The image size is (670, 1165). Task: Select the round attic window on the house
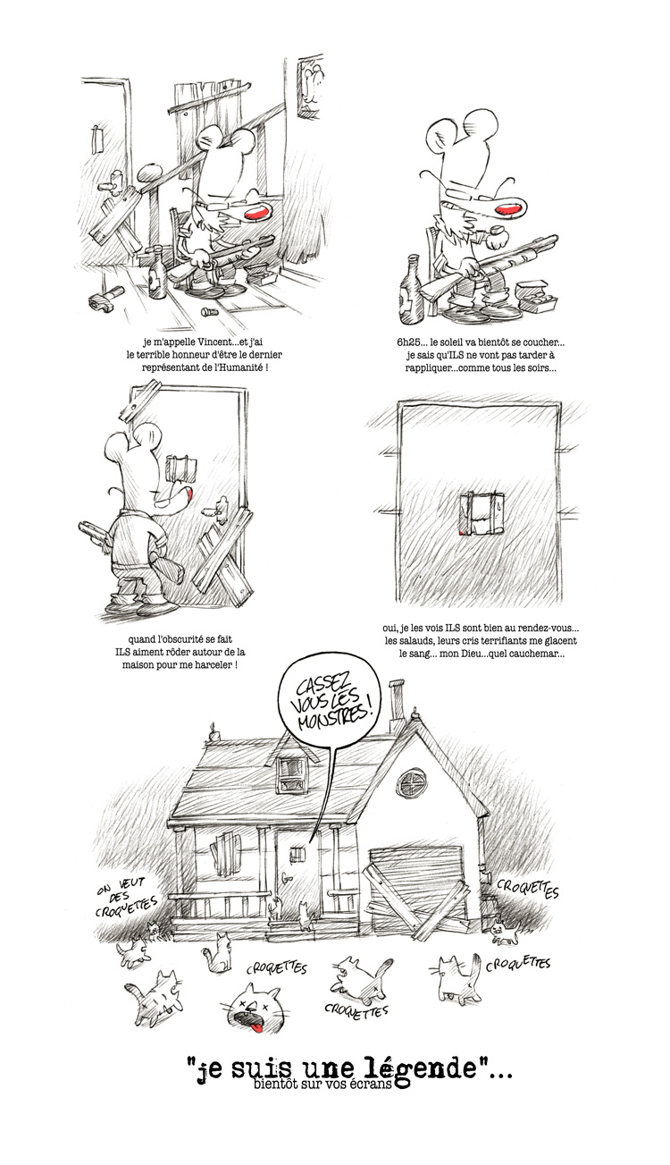click(412, 782)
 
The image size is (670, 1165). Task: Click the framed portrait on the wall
click(311, 87)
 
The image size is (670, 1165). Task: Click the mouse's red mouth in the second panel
click(507, 209)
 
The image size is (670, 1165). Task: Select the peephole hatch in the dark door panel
click(482, 514)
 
